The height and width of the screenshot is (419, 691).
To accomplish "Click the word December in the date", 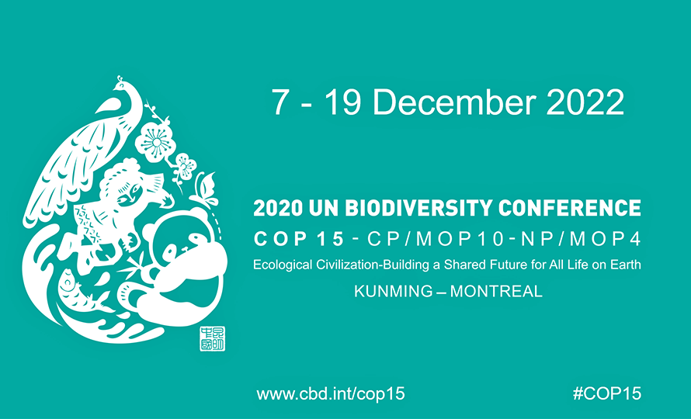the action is click(x=454, y=102).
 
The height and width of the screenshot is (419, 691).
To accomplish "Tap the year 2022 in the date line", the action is click(x=585, y=102).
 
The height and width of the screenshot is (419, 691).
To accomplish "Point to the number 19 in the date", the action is click(x=343, y=102).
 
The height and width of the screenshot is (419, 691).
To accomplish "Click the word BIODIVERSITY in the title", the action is click(x=418, y=209).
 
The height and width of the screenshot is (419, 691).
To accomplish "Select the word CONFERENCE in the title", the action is click(x=570, y=209).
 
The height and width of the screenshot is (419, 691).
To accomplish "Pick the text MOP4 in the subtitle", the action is click(x=605, y=239).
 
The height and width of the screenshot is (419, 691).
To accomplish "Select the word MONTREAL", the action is click(x=496, y=291).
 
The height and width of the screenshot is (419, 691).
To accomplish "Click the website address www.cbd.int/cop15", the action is click(x=331, y=393).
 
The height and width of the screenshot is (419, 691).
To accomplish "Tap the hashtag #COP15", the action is click(x=607, y=393).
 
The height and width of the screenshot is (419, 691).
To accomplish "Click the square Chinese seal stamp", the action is click(x=213, y=339).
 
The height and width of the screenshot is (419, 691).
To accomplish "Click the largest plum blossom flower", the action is click(x=155, y=142).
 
